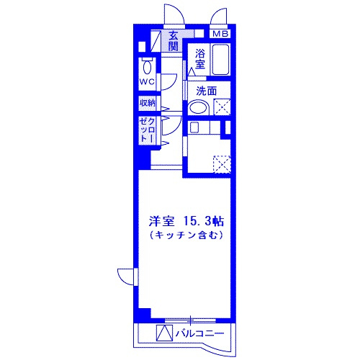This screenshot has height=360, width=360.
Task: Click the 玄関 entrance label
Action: [173, 41]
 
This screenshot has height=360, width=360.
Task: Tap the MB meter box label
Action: [220, 34]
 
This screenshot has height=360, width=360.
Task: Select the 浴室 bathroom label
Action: [199, 59]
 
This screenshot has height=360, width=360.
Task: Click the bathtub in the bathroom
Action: [220, 59]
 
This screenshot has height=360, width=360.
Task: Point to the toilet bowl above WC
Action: [147, 67]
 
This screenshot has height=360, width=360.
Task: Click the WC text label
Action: [148, 82]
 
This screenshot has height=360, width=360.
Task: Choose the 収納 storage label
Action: [148, 103]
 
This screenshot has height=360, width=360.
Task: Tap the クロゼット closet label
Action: [147, 130]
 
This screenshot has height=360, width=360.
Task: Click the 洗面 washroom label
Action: [207, 91]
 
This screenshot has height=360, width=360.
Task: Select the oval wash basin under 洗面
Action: [198, 107]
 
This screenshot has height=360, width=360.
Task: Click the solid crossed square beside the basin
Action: [222, 107]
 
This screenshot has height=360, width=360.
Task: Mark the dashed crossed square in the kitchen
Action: [222, 164]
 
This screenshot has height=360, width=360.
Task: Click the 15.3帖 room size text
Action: [203, 221]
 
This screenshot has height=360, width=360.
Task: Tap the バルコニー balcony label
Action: [199, 333]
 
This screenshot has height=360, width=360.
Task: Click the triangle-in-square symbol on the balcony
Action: [164, 333]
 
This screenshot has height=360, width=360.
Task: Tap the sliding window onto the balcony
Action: [190, 320]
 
